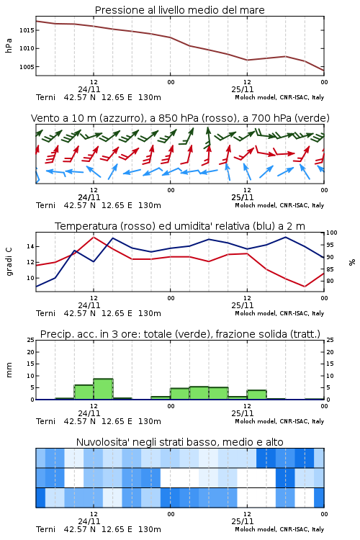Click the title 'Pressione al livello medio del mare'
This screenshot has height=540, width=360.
[179, 10]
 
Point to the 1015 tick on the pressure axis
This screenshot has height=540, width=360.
[27, 30]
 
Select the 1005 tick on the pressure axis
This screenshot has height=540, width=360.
[27, 67]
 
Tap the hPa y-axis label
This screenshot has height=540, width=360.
[9, 46]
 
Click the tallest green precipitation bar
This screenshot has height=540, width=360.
[103, 389]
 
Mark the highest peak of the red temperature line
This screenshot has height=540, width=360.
[94, 237]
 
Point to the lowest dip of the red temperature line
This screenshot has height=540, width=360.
[305, 286]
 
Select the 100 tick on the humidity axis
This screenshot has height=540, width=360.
[332, 233]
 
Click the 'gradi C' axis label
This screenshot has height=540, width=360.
[9, 261]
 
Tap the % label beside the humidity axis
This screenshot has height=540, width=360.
[352, 262]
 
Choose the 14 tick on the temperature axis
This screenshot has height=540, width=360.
[30, 246]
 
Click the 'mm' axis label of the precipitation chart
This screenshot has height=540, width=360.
[9, 370]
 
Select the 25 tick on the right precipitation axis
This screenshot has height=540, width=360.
[330, 340]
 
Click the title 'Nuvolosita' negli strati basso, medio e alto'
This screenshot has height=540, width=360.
[179, 442]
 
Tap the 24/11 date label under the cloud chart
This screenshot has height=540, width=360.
[89, 521]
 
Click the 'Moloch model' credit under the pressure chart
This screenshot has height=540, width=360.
[255, 97]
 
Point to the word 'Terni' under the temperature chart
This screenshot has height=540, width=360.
[45, 313]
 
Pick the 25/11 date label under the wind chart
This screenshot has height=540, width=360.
[243, 198]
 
